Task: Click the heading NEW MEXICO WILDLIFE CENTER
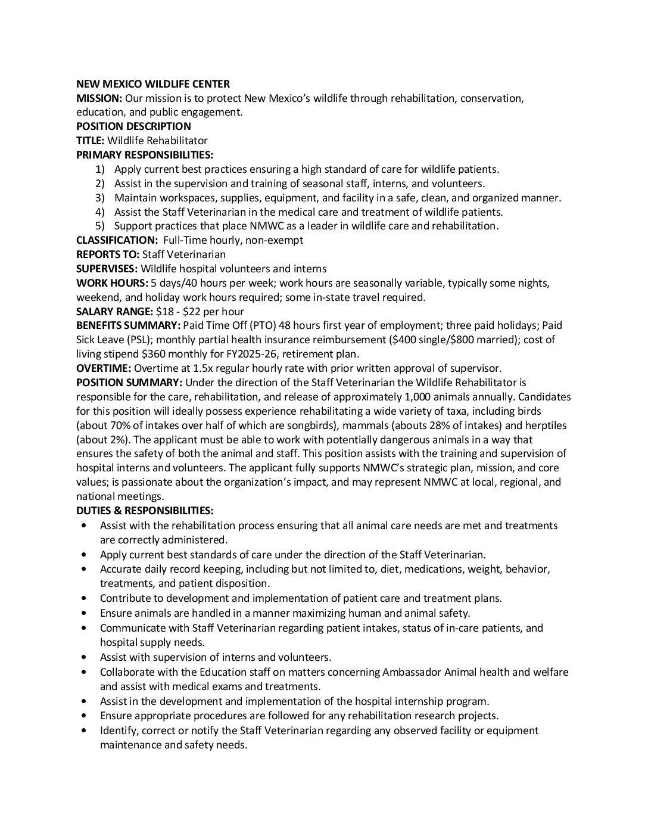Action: click(x=153, y=84)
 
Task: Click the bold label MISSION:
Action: click(x=99, y=98)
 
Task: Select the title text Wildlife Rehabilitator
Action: click(x=157, y=141)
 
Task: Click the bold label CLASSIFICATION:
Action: click(x=116, y=240)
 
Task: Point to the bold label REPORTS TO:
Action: click(x=107, y=254)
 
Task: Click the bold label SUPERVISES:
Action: click(x=107, y=269)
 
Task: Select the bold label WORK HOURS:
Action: click(x=113, y=283)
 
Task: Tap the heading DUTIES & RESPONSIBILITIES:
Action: click(x=145, y=511)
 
